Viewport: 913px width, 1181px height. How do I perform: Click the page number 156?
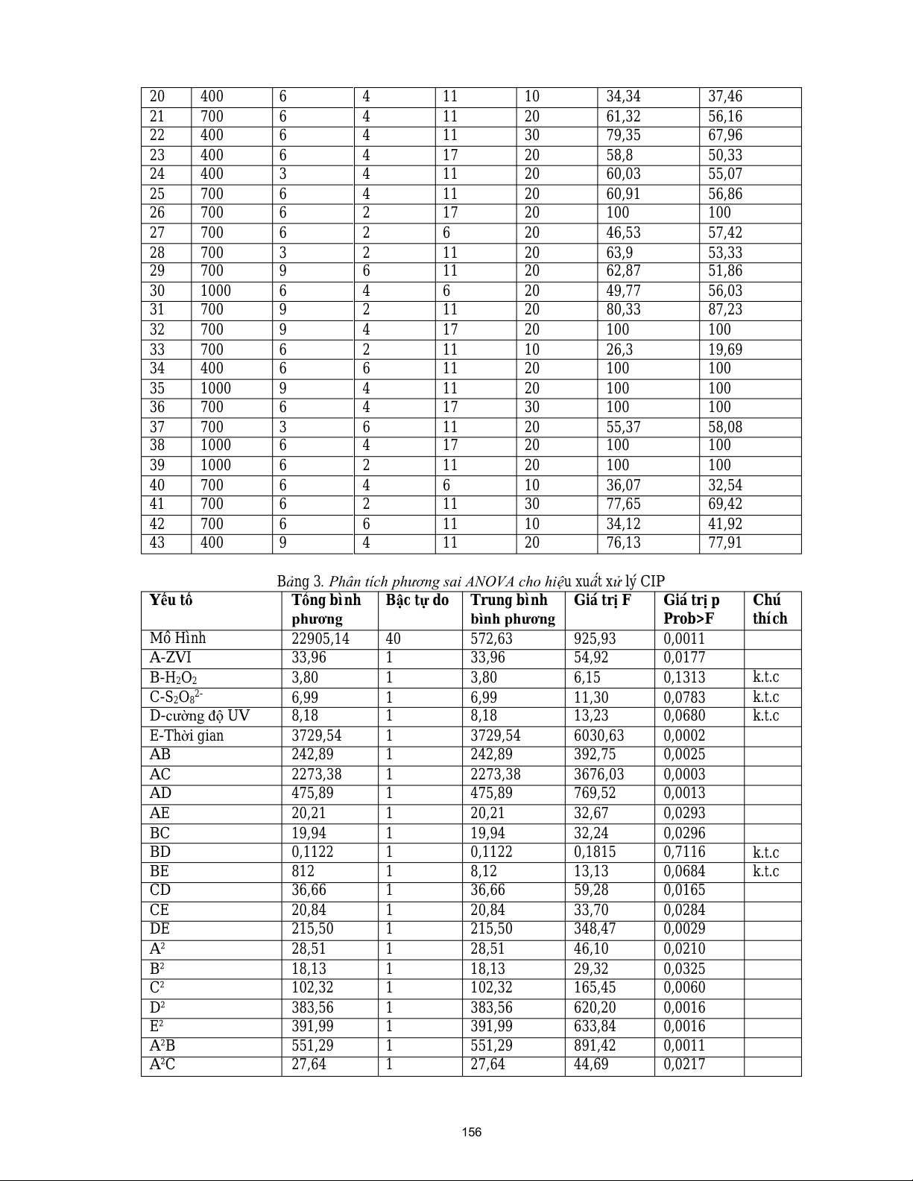[x=471, y=1133]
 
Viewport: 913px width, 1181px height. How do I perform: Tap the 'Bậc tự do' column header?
[x=417, y=601]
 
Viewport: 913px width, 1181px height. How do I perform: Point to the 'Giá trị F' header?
[x=602, y=601]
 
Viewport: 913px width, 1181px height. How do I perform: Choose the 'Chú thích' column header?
[x=770, y=610]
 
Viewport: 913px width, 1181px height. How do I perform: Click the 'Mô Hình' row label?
[x=177, y=639]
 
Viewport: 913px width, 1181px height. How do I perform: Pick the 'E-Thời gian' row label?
[x=186, y=735]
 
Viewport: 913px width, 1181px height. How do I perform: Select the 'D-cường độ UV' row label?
[x=199, y=716]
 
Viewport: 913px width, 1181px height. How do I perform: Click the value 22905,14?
[x=320, y=639]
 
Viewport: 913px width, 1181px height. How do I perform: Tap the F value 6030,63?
[x=600, y=735]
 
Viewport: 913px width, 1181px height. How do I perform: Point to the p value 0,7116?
[x=684, y=852]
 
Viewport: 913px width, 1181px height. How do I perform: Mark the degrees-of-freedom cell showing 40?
[x=394, y=639]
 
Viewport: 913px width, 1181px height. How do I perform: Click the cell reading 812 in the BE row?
[x=303, y=871]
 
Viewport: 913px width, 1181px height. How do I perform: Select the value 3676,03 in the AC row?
[x=600, y=774]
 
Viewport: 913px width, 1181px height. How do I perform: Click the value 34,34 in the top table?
[x=623, y=97]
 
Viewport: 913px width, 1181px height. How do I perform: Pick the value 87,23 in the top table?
[x=725, y=310]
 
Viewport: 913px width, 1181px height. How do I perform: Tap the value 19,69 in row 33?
[x=725, y=349]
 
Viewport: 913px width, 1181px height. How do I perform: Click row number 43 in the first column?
[x=157, y=543]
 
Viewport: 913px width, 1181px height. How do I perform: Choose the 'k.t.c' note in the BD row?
[x=766, y=852]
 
